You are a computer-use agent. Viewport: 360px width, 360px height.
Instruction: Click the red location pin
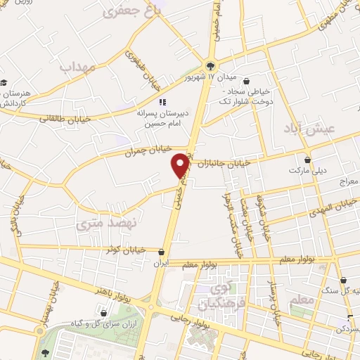coord(181,165)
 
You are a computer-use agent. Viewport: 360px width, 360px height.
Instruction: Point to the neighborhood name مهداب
coord(77,67)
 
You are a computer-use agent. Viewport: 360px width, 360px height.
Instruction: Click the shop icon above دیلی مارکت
coord(307,160)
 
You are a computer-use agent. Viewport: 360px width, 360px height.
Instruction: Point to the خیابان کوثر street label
coord(124,249)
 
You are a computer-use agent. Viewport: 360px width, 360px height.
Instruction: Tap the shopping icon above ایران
coord(162,252)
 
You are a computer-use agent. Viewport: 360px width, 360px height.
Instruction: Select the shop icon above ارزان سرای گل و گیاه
coord(104,313)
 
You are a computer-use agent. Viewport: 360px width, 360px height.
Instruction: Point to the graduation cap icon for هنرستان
coord(4,82)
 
